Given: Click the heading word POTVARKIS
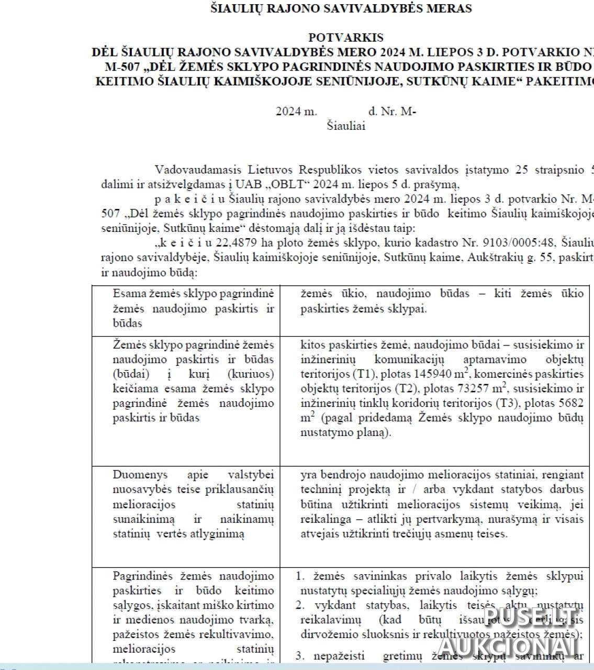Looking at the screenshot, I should click(346, 38).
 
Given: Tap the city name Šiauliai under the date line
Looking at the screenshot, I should click(346, 126).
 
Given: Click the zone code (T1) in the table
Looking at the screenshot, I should click(366, 374).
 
